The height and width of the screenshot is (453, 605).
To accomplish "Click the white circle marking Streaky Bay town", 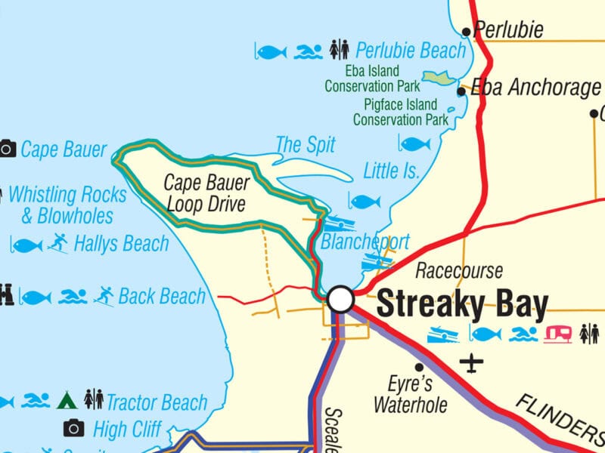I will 341,300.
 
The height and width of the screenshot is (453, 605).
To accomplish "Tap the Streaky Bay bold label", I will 462,305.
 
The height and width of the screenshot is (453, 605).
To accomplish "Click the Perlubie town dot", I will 467,32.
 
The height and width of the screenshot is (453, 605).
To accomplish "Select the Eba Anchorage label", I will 535,88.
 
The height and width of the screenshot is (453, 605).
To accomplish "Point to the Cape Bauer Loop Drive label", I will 197,193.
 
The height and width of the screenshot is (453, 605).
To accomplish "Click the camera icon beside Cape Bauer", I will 8,149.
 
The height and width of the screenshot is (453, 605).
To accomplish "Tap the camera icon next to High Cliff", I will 73,429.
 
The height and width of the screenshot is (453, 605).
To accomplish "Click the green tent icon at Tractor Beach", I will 68,399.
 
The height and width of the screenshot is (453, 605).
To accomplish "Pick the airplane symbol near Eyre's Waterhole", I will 473,364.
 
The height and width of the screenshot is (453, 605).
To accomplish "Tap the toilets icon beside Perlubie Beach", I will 340,51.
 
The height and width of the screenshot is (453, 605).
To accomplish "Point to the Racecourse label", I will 459,270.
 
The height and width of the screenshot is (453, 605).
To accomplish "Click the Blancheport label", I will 365,242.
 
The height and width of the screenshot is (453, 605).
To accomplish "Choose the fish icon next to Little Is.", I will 414,143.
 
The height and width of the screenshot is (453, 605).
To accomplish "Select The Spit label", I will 306,144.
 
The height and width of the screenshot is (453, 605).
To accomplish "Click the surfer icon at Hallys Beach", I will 57,243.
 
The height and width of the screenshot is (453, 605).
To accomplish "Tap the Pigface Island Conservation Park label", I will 401,112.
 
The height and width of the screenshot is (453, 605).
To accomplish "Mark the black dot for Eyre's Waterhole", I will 419,368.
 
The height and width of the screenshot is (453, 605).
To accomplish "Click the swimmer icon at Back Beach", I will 73,297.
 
